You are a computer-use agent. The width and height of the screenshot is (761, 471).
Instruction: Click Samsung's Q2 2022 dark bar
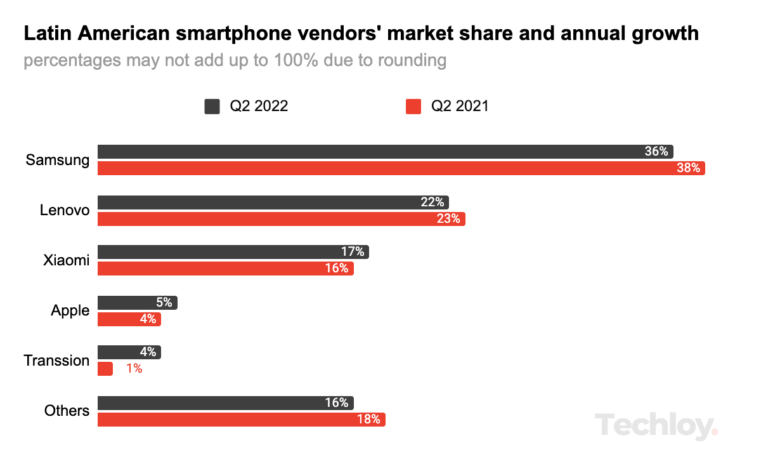click(380, 152)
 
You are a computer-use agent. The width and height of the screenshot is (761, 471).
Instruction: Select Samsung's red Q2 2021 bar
click(400, 168)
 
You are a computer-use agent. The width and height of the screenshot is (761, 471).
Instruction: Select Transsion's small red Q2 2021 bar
click(105, 369)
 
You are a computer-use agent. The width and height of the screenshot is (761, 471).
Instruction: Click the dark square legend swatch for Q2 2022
click(212, 106)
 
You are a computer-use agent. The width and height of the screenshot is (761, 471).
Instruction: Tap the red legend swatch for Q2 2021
click(413, 106)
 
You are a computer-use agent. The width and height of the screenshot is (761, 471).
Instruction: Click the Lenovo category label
click(65, 210)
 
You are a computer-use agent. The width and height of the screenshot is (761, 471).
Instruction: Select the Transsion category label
click(57, 361)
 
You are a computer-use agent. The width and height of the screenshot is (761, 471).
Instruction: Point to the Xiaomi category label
click(67, 260)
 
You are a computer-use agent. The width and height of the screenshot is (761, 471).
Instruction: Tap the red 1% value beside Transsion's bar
click(134, 369)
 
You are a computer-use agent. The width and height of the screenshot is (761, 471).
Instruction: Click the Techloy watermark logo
click(656, 425)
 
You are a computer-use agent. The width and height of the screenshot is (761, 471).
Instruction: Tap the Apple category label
click(70, 311)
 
